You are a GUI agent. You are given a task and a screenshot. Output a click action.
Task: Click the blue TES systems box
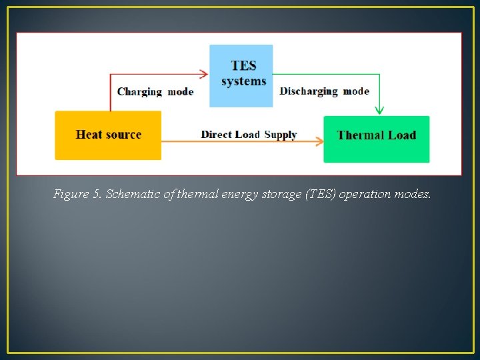click(x=241, y=75)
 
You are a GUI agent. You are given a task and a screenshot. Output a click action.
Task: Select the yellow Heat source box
click(x=108, y=135)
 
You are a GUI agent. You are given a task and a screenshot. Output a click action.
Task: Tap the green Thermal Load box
click(x=377, y=139)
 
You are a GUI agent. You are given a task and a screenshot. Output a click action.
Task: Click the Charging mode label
click(x=155, y=91)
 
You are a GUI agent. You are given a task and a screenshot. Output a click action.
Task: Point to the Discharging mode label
click(x=324, y=91)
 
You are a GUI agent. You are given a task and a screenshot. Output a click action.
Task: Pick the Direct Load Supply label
click(x=249, y=135)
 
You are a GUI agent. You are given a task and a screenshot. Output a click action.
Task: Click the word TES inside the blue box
click(x=243, y=66)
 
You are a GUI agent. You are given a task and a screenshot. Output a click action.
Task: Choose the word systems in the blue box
click(x=243, y=81)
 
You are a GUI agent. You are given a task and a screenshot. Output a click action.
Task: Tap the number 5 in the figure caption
click(x=96, y=195)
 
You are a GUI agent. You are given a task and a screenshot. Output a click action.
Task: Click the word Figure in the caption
click(x=71, y=195)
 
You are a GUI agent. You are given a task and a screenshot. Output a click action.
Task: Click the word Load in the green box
click(x=402, y=135)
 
